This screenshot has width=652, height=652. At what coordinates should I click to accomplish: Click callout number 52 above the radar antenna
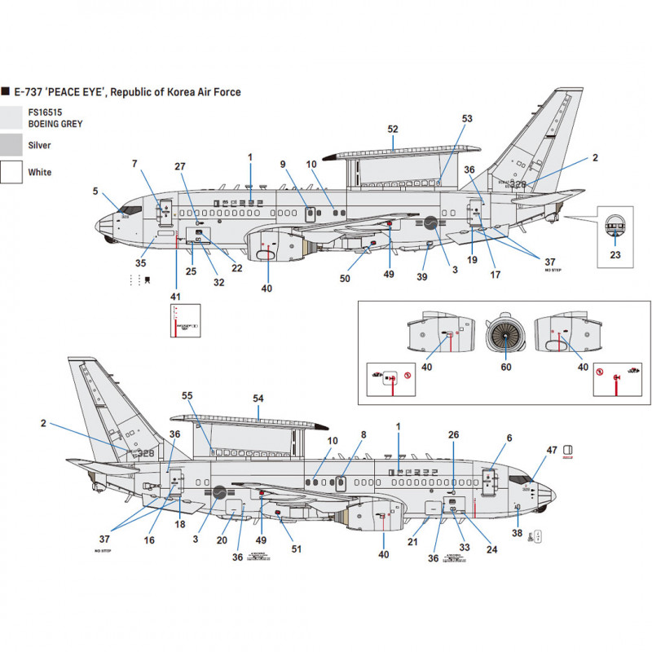[x=393, y=130]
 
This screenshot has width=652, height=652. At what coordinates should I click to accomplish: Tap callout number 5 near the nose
[x=95, y=192]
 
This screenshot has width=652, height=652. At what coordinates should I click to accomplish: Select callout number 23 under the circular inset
[x=615, y=253]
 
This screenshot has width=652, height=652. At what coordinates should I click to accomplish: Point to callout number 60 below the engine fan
[x=505, y=368]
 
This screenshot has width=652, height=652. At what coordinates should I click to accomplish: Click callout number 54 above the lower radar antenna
[x=259, y=398]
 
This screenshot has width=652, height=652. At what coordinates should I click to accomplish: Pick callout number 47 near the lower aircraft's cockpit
[x=552, y=450]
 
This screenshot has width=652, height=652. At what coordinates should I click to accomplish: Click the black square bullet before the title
[x=6, y=93]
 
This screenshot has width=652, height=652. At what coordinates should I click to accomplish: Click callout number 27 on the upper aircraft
[x=180, y=166]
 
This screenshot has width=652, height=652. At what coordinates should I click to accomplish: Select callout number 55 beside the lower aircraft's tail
[x=187, y=394]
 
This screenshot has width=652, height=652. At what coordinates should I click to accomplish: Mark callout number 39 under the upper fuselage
[x=422, y=277]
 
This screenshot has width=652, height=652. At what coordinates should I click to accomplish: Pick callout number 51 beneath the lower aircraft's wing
[x=297, y=548]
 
